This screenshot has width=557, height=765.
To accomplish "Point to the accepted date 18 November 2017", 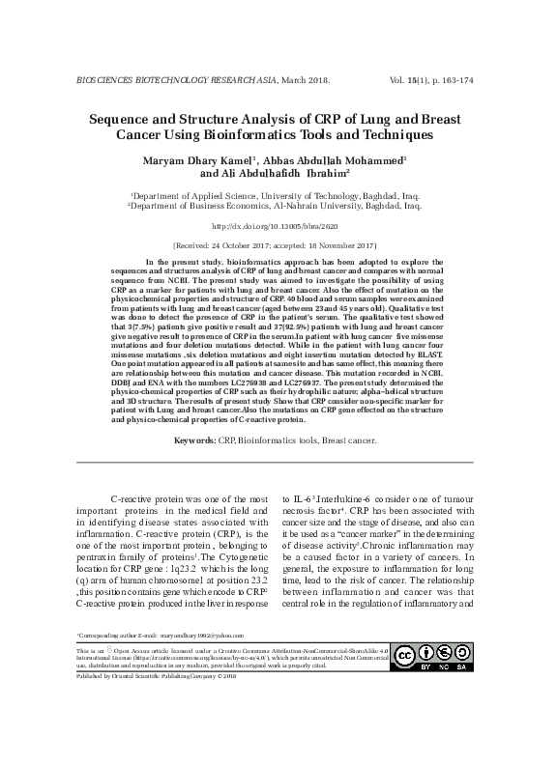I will (344, 246).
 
